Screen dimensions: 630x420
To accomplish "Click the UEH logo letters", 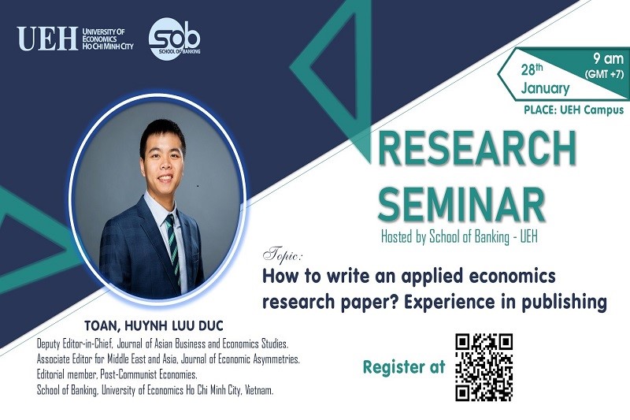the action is [47, 39].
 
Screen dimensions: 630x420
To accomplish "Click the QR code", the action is [484, 367].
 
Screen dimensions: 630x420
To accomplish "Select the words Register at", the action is [404, 367].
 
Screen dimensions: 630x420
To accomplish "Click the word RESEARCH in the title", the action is [477, 147].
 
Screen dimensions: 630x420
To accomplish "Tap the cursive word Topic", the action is [283, 255].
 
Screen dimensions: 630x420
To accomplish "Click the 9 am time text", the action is [608, 59].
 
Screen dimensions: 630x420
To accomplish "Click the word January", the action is [545, 88].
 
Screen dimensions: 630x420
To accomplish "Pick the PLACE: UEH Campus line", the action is [574, 110].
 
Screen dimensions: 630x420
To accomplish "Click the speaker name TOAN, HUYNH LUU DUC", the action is [154, 325].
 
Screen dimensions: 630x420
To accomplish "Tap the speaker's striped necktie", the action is [173, 248].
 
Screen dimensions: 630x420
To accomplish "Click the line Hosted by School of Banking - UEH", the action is [459, 236].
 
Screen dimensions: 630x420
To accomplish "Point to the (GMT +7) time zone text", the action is [604, 74].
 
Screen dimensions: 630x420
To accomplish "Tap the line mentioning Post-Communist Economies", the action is [117, 374].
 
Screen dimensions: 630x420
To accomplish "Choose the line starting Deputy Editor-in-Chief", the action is [163, 344].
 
